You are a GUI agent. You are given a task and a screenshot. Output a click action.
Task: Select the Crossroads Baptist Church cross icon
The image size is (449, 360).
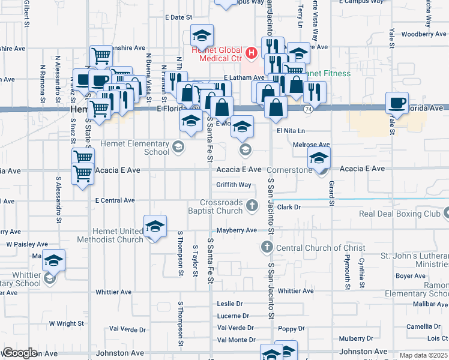(x=252, y=206)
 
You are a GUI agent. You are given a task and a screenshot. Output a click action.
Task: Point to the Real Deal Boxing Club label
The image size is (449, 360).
(x=399, y=214)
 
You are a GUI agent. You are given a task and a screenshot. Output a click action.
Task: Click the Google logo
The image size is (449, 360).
(x=20, y=353)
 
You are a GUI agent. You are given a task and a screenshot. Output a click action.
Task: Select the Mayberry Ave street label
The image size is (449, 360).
(x=237, y=230)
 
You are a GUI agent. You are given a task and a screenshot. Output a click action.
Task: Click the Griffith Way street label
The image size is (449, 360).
(x=234, y=185)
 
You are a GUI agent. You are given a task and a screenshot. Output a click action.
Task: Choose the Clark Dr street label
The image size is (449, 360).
(x=288, y=207)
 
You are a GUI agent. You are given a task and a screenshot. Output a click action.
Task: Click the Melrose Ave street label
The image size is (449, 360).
(x=312, y=145)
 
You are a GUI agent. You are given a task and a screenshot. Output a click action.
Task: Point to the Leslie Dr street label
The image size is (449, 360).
(x=229, y=304)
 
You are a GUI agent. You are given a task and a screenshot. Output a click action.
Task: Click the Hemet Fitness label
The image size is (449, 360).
(x=328, y=74)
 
